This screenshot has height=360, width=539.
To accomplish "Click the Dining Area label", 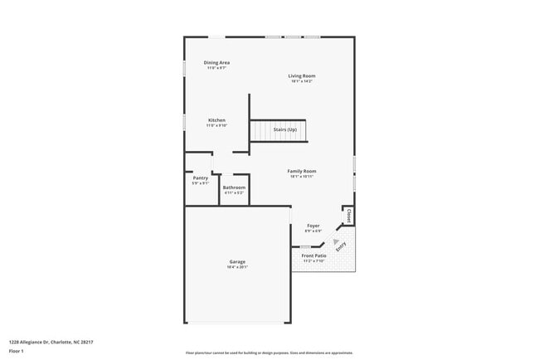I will click(x=216, y=63).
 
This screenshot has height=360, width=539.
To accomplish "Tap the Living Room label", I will click(x=302, y=76).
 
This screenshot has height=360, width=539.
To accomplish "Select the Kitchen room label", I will click(x=216, y=120).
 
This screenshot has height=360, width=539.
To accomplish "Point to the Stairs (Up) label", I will click(x=285, y=129).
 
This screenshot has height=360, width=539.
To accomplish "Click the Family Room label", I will click(x=302, y=172).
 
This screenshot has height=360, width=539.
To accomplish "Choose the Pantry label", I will click(x=201, y=178).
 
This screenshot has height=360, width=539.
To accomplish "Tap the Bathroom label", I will click(x=234, y=187).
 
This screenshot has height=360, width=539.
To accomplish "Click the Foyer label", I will click(x=313, y=226).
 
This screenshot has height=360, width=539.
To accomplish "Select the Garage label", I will click(x=237, y=262).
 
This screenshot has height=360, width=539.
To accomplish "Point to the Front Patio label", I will click(x=313, y=255).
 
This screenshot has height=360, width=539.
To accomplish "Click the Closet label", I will click(x=349, y=215).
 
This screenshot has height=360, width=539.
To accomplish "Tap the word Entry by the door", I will click(x=341, y=246).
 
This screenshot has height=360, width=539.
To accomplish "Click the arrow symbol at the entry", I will click(x=337, y=241).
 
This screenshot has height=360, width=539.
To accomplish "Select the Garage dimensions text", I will click(x=237, y=267).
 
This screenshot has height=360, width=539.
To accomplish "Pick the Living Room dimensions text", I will click(x=302, y=81).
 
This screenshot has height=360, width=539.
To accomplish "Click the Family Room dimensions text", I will click(x=302, y=177).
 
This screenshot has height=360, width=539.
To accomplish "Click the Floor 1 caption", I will click(x=17, y=351).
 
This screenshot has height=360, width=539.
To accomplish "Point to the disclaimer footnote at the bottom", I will click(x=269, y=353).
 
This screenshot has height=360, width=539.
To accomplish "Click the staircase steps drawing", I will click(x=269, y=130).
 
